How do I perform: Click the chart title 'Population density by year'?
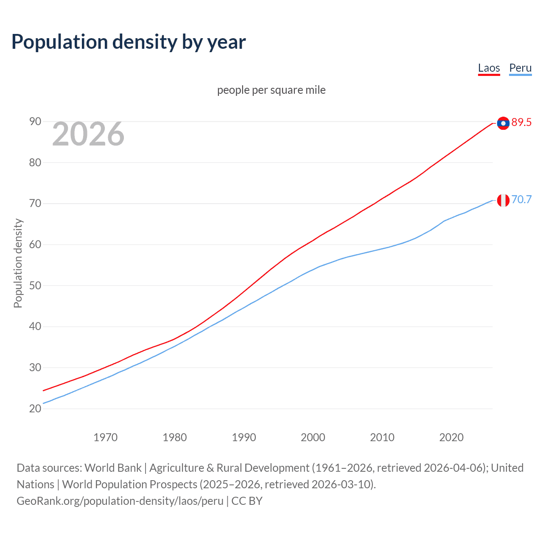(129, 42)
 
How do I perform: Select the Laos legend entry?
(489, 68)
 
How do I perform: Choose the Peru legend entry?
(520, 68)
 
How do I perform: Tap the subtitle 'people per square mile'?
(271, 90)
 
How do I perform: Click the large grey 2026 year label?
(88, 134)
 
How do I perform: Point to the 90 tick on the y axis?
(35, 122)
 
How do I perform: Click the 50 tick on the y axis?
(35, 285)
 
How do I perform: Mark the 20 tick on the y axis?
(35, 409)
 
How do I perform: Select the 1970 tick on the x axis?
(105, 437)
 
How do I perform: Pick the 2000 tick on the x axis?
(313, 437)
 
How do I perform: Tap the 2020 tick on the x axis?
(451, 437)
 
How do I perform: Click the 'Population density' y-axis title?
(18, 263)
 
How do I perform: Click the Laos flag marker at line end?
(503, 123)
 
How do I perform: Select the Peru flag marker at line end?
(503, 200)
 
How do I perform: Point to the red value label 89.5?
(521, 123)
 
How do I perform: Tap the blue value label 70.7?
(521, 199)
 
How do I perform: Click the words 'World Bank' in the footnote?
(113, 468)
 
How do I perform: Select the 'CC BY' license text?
(247, 501)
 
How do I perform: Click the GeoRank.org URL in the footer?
(120, 501)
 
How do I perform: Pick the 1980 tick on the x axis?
(174, 437)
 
